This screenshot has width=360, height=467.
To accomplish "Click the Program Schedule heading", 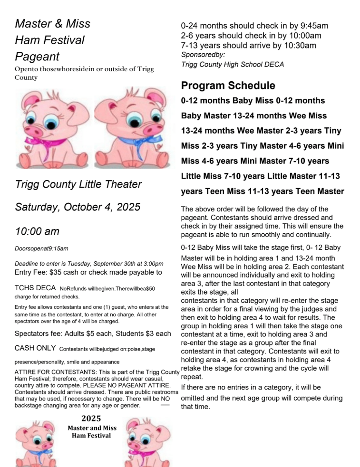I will [x=228, y=86].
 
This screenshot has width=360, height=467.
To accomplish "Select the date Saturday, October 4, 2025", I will [x=78, y=207].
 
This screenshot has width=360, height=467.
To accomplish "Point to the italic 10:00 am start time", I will [x=37, y=231].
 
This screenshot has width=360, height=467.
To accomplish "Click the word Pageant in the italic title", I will [x=37, y=57].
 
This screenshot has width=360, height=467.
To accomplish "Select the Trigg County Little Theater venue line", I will [x=78, y=184].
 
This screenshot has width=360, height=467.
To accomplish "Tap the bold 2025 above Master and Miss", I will [x=91, y=419].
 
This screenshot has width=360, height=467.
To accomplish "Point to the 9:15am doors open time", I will [x=58, y=248].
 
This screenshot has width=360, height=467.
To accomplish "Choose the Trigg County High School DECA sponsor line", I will [x=233, y=65].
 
